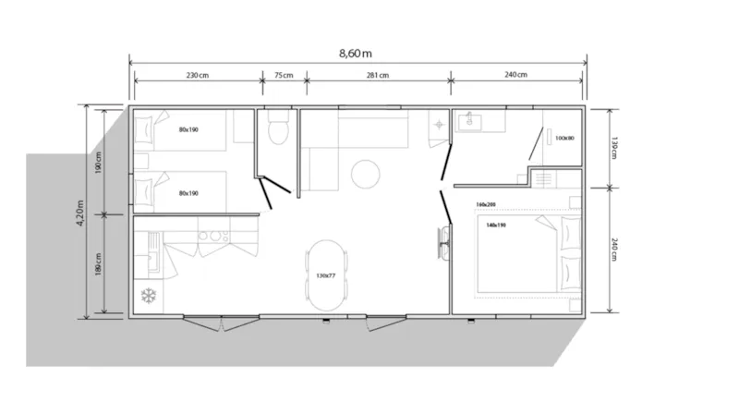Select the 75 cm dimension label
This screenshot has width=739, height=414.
click(284, 76)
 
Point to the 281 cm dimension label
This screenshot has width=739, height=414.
click(377, 76)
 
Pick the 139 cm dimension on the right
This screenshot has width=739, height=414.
click(613, 148)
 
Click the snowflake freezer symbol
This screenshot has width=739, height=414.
click(147, 296)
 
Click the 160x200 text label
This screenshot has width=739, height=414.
click(486, 204)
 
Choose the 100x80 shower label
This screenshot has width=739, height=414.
click(563, 139)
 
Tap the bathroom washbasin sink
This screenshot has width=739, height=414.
click(467, 120)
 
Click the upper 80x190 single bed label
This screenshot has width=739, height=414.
click(189, 129)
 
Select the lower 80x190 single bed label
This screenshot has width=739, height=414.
click(189, 193)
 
